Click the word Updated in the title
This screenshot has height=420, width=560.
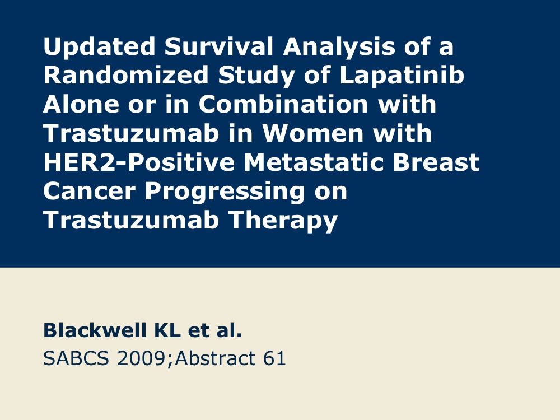coord(99,47)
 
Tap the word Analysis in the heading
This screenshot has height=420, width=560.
coord(339,47)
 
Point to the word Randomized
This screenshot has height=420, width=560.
coord(125,75)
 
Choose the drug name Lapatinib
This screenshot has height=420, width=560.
coord(402,75)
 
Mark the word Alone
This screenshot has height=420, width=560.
coord(81,104)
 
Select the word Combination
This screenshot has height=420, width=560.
coord(283,104)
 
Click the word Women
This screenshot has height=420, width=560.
coord(313,133)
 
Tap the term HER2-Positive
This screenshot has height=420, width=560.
coord(139,162)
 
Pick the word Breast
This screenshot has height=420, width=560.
coord(436,162)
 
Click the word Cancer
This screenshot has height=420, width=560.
coord(89,191)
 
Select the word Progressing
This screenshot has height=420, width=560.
coord(225,192)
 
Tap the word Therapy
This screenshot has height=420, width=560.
coord(283,220)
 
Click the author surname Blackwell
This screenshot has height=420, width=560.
coord(95,330)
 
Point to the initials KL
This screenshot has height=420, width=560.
coord(167,330)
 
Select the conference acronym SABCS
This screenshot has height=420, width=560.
coord(76,358)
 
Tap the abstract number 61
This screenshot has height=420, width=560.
coord(274,358)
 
